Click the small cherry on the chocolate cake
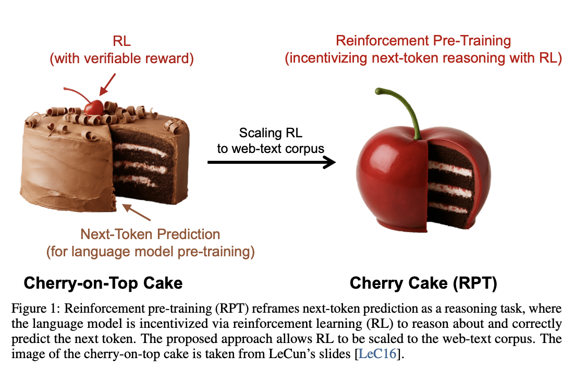[94, 107]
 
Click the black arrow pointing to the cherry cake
[271, 163]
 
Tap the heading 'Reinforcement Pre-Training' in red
[423, 41]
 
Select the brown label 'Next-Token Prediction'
[150, 234]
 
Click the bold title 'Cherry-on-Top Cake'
[103, 283]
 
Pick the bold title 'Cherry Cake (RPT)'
[423, 283]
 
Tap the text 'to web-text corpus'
[271, 148]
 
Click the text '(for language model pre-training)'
[150, 252]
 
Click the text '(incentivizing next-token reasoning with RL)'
[423, 58]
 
